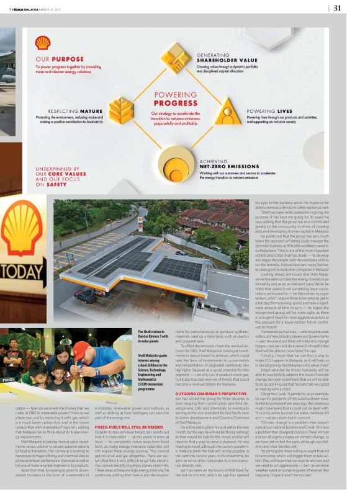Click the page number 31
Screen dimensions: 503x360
(x=337, y=8)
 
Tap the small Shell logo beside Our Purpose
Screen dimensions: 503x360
(x=43, y=42)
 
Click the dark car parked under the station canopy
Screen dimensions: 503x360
(x=85, y=296)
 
